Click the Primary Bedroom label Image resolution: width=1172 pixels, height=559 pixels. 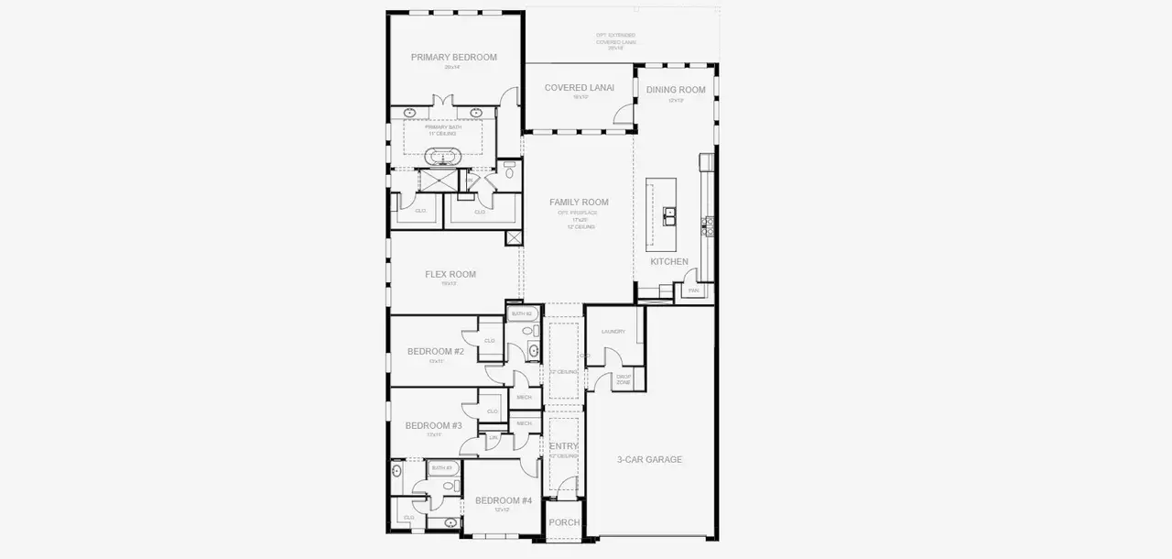pos(453,57)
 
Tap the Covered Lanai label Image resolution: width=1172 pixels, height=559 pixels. pos(579,88)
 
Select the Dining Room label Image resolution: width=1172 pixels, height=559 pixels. pos(676,90)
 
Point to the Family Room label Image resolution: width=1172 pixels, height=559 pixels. pos(579,203)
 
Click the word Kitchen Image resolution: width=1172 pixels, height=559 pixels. pos(669,262)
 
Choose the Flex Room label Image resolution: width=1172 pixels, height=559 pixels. pos(450,274)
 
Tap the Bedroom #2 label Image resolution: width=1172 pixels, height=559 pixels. pos(436,352)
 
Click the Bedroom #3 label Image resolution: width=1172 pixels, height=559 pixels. pos(434,426)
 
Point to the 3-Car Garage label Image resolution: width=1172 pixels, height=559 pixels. pos(649,459)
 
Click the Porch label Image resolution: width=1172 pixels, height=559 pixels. pos(564,522)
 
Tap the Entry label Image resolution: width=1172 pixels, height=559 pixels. pos(563,446)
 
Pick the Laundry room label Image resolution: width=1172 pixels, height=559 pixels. pos(613,332)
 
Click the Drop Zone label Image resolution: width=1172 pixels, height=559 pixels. pos(624,378)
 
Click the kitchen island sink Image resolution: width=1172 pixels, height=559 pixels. pos(670,216)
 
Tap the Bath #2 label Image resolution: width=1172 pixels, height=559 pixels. pos(522,314)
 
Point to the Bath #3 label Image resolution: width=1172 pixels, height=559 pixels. pos(442,468)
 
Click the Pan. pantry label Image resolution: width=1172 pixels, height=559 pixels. pos(693,291)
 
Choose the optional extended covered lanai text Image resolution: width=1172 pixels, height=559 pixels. pos(616,41)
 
